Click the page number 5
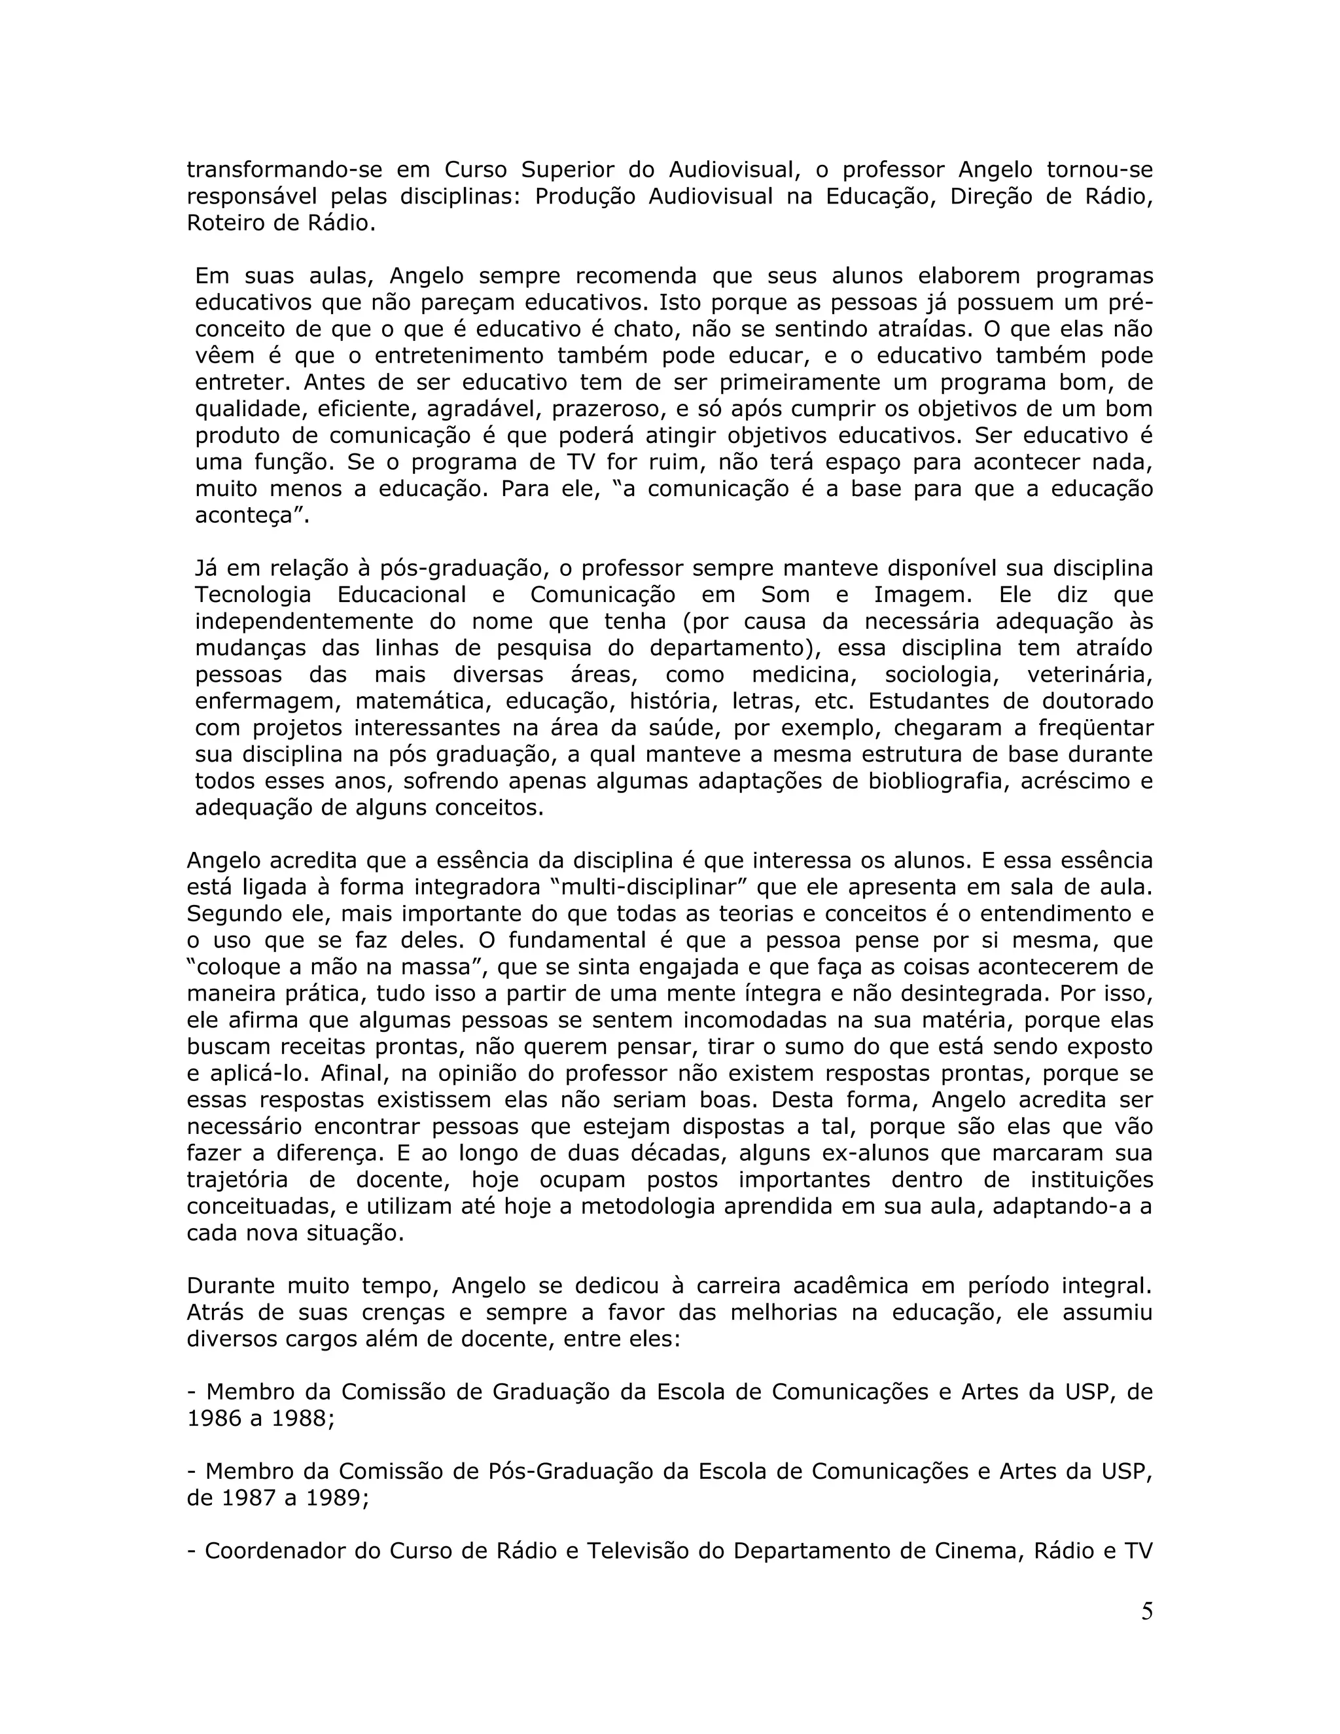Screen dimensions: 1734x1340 click(x=1146, y=1611)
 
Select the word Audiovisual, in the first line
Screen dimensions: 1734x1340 click(x=732, y=170)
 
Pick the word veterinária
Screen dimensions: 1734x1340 click(x=1089, y=675)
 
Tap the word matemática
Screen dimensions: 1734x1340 click(x=422, y=702)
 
